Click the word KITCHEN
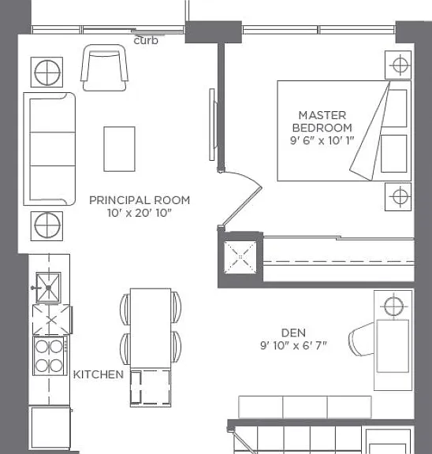coord(99,374)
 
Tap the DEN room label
coord(293,333)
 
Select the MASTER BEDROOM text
coord(322,121)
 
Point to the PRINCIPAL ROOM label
coord(140,200)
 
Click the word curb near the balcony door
coord(146,40)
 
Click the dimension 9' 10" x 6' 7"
coord(293,345)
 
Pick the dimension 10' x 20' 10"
coord(140,213)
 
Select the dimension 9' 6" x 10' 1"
coord(322,140)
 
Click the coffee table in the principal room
coord(119,149)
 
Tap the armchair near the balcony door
coord(105,68)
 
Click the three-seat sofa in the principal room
coord(50,149)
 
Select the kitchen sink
coord(48,288)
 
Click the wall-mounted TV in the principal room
coord(213,125)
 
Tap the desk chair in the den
coord(362,339)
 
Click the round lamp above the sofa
coord(47,72)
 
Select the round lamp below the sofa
coord(47,226)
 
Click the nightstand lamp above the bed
coord(398,65)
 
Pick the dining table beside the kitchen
coord(151,329)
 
